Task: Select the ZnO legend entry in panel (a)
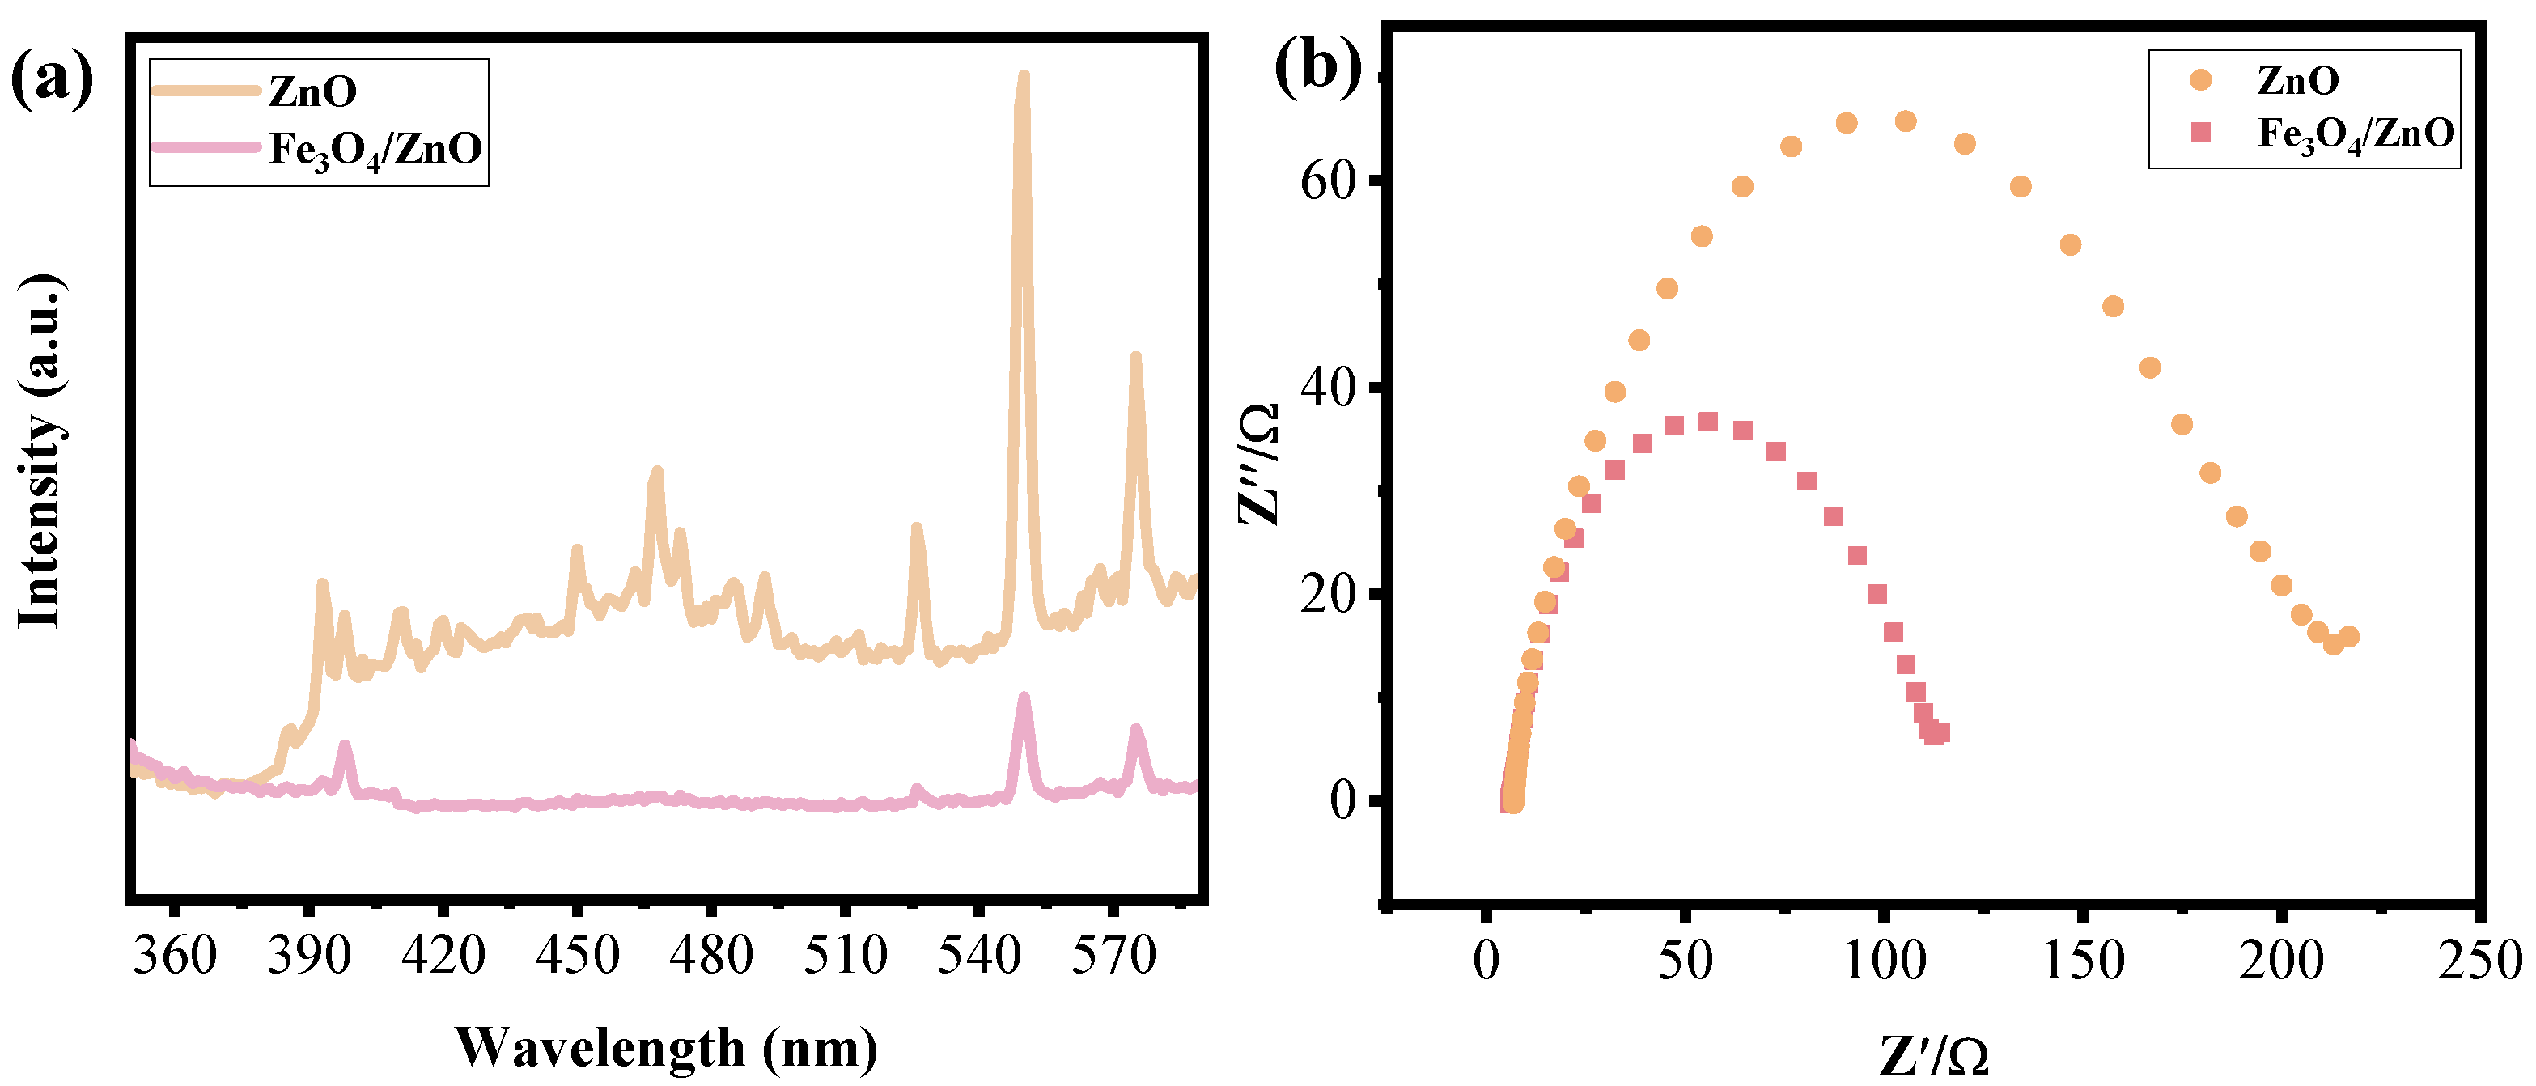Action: pyautogui.click(x=312, y=91)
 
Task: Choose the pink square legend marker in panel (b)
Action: pyautogui.click(x=2201, y=132)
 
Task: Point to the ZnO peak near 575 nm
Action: pyautogui.click(x=1135, y=359)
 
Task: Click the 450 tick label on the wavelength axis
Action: pyautogui.click(x=577, y=956)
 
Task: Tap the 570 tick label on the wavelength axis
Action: pyautogui.click(x=1113, y=956)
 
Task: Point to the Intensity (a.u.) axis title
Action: pyautogui.click(x=41, y=451)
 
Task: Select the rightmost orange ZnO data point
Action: pyautogui.click(x=2348, y=637)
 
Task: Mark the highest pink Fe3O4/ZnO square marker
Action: pyautogui.click(x=1708, y=422)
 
